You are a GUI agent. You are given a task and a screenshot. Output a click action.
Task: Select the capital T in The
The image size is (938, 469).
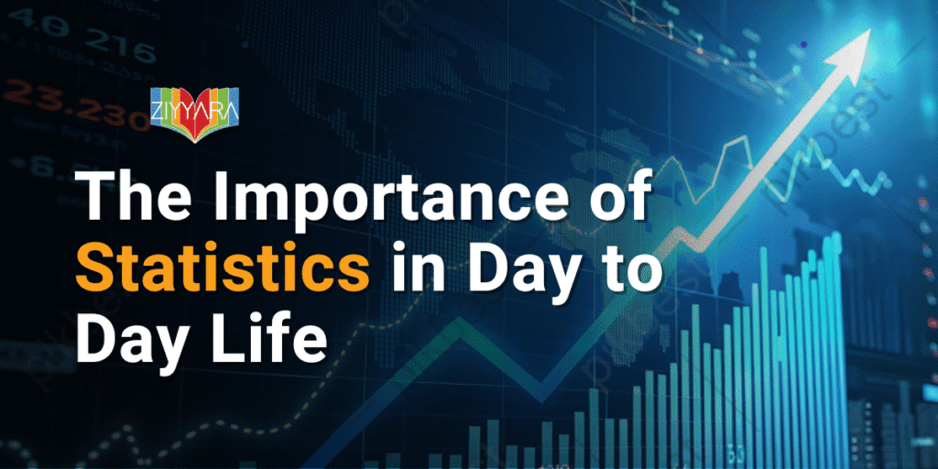(94, 197)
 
